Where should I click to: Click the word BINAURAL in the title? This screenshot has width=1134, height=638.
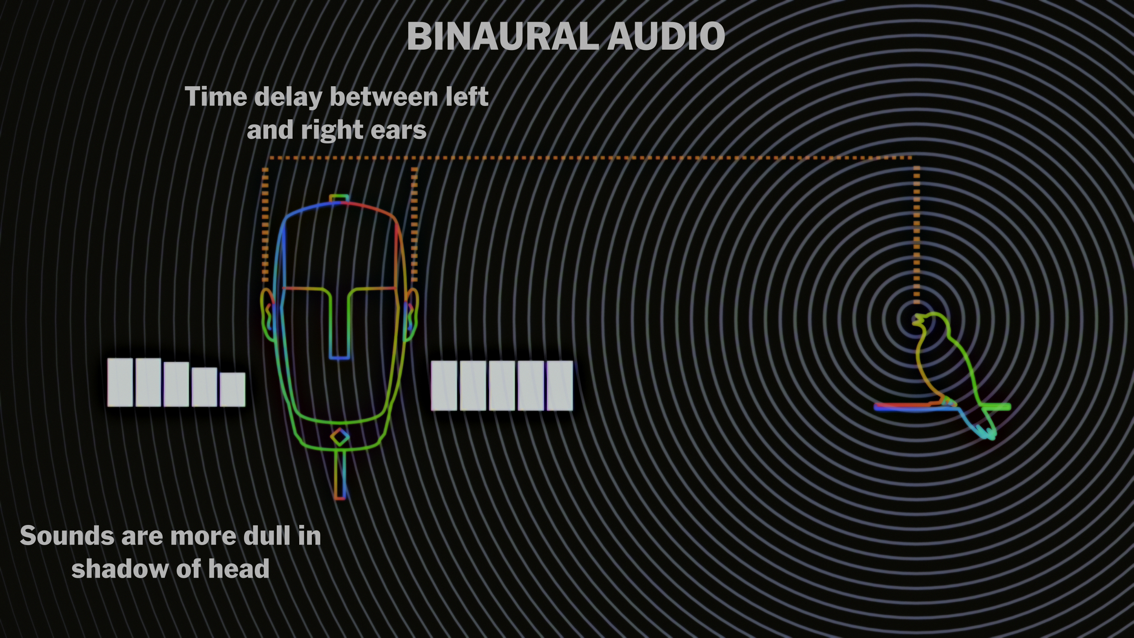point(502,37)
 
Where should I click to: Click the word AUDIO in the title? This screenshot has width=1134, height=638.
point(665,37)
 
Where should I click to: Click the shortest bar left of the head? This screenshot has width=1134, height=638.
point(232,389)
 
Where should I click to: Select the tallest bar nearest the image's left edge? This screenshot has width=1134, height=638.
point(120,382)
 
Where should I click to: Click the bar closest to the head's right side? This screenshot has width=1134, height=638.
point(444,386)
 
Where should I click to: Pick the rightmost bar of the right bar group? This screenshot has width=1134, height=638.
point(560,386)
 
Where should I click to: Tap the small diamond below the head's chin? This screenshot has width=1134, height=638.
point(339,437)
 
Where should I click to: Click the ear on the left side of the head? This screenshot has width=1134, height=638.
point(267,315)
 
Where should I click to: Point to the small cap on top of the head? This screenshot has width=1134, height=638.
point(339,198)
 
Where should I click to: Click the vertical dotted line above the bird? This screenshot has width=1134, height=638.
point(917,234)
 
